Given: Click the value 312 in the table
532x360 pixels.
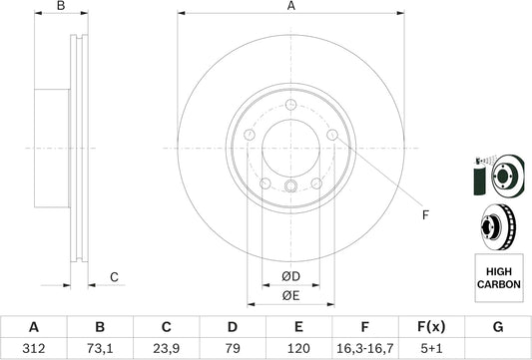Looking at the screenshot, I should pyautogui.click(x=34, y=348).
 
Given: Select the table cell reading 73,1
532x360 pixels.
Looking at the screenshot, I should pyautogui.click(x=100, y=348).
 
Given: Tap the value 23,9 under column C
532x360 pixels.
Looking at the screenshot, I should pyautogui.click(x=167, y=348).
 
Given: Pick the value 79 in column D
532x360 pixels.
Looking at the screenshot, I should pyautogui.click(x=233, y=348).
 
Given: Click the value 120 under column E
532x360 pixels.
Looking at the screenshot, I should pyautogui.click(x=299, y=348).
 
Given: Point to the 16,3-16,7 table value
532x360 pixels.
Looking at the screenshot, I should pyautogui.click(x=365, y=348).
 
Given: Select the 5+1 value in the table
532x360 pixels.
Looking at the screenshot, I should pyautogui.click(x=431, y=348).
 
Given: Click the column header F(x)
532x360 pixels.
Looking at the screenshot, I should pyautogui.click(x=431, y=325).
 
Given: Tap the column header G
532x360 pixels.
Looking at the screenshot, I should pyautogui.click(x=498, y=325).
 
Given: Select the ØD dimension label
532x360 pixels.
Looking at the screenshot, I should pyautogui.click(x=290, y=275).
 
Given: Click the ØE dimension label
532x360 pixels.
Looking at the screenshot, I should pyautogui.click(x=290, y=296).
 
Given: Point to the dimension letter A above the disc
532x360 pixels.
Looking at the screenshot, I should pyautogui.click(x=291, y=7).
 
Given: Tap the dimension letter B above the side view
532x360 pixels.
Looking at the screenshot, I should pyautogui.click(x=60, y=7).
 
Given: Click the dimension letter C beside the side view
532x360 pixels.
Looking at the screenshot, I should pyautogui.click(x=115, y=276).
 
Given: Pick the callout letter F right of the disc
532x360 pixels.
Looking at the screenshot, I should pyautogui.click(x=424, y=215).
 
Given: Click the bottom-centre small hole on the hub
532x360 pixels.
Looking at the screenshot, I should pyautogui.click(x=290, y=187).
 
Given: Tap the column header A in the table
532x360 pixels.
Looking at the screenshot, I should pyautogui.click(x=34, y=325).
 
